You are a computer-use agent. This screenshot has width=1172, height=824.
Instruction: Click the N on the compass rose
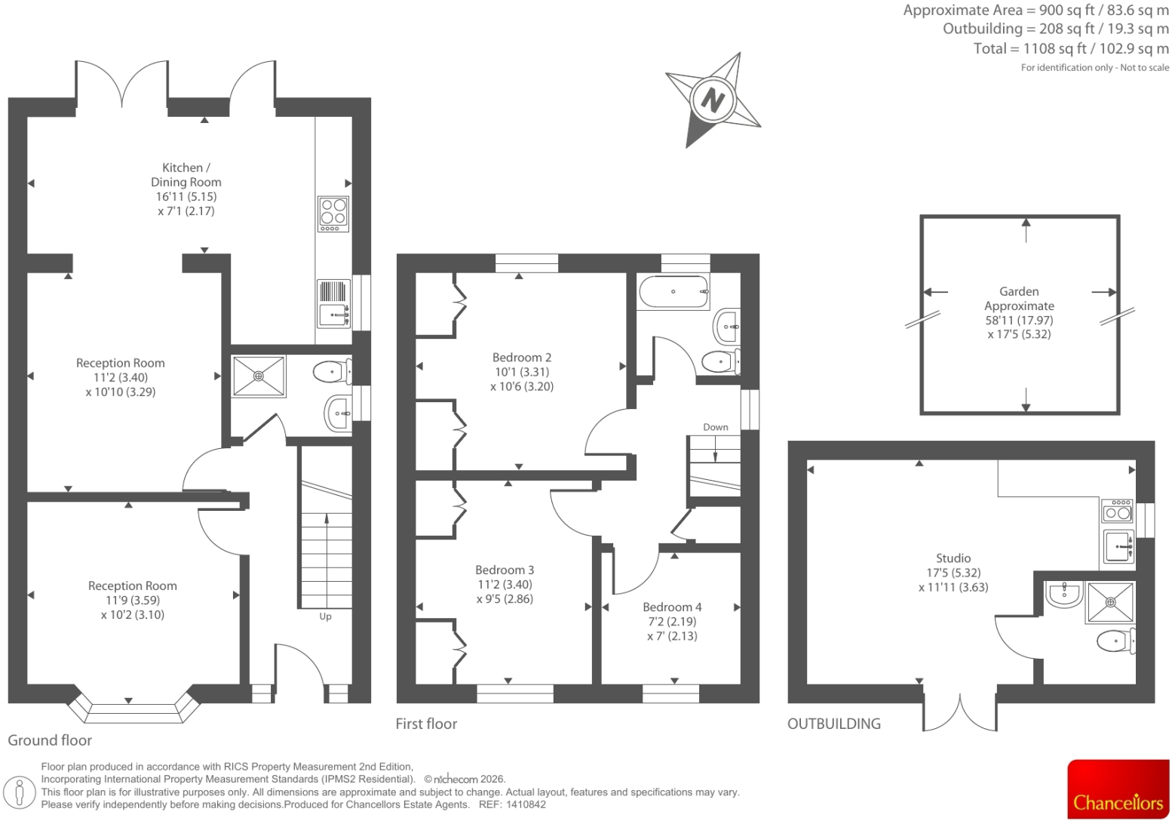[x=712, y=99]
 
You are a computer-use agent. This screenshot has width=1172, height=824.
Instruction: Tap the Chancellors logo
[x=1118, y=789]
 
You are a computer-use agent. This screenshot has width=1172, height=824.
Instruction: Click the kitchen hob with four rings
[x=333, y=214]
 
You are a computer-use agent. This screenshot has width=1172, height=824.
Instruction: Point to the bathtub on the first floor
[x=673, y=291]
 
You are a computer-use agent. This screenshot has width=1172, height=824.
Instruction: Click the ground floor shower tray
[x=259, y=377]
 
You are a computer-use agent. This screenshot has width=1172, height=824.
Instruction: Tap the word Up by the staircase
[x=326, y=616]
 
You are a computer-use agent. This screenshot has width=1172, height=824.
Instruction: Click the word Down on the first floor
[x=715, y=427]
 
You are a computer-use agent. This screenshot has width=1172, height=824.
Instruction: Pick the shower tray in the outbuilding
[x=1110, y=603]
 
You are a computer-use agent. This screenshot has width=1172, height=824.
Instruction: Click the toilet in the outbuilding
[x=1116, y=640]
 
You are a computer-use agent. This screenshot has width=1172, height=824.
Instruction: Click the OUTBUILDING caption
[x=834, y=724]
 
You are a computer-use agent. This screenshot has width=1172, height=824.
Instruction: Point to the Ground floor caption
[x=50, y=740]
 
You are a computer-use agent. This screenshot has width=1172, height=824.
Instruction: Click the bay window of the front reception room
[x=133, y=707]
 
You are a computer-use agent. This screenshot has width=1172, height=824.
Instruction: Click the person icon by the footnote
[x=20, y=792]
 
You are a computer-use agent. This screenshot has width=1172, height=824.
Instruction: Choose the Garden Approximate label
[x=1019, y=298]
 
